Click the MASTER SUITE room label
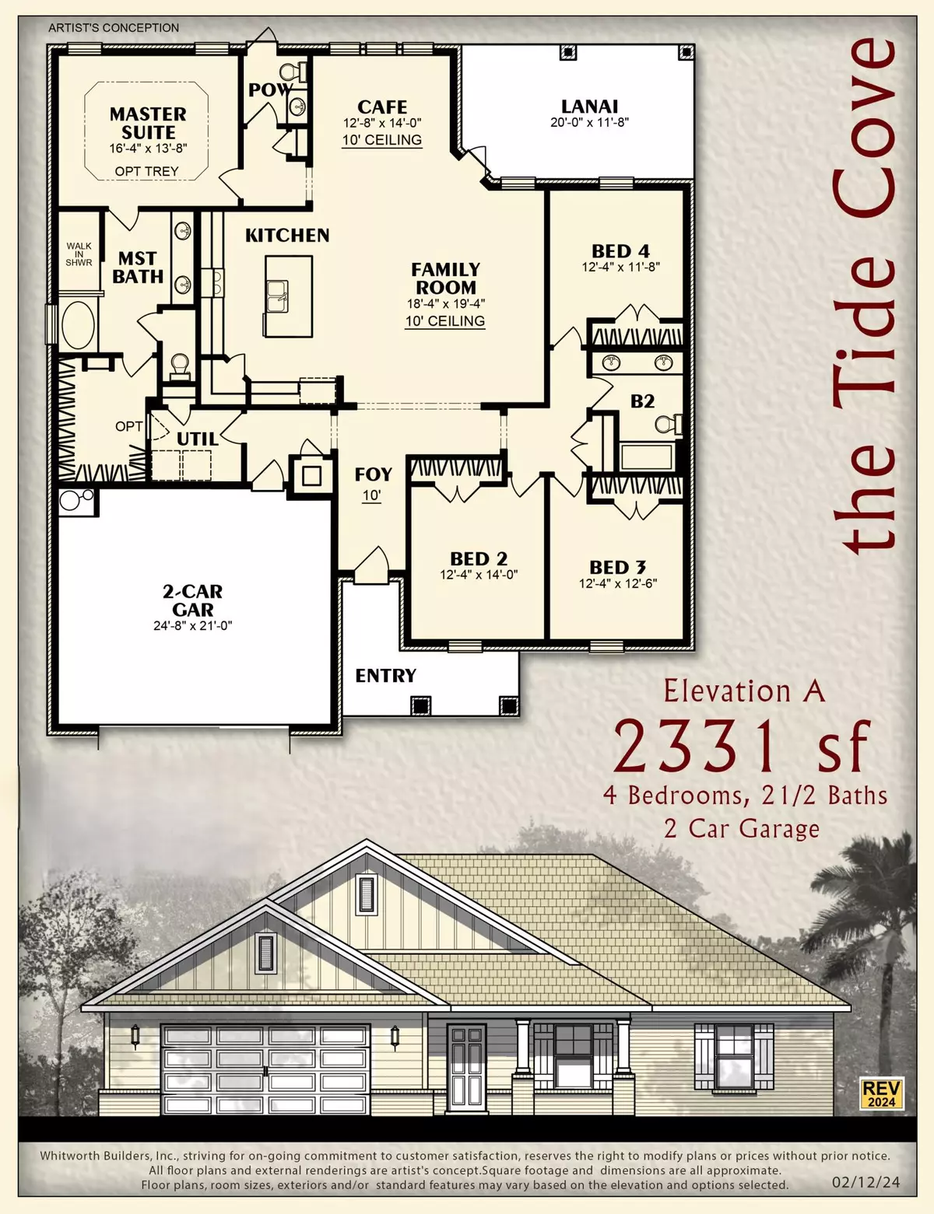(x=148, y=123)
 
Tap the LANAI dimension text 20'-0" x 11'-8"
(x=589, y=122)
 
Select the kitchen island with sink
(x=288, y=296)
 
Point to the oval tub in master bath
(x=77, y=325)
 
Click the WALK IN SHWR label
(x=79, y=254)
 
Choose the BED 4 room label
(x=620, y=251)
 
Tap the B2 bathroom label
(x=642, y=401)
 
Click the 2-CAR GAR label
(x=192, y=600)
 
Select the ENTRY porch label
(x=385, y=675)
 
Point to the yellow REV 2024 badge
(x=881, y=1093)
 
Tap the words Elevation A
(x=743, y=691)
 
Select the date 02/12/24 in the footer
(x=866, y=1182)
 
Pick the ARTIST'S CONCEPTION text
(x=114, y=28)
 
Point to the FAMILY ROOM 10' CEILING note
(x=445, y=320)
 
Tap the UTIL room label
(x=197, y=439)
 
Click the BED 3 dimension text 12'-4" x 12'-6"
(x=618, y=583)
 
